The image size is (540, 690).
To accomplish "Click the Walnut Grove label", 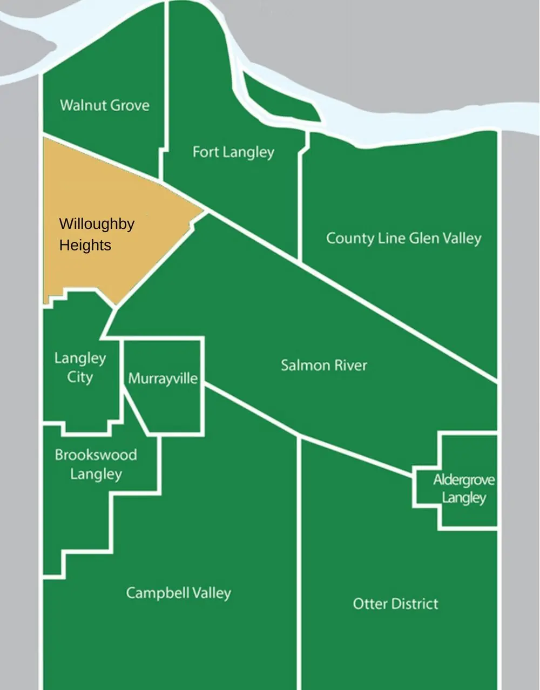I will tap(105, 105).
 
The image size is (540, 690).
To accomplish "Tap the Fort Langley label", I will tap(233, 152).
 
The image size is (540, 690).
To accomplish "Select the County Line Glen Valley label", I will tap(403, 238).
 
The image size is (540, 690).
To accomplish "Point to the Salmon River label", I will tap(323, 366).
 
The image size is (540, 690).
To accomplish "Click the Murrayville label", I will tap(163, 378).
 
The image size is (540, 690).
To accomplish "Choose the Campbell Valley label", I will tap(178, 593).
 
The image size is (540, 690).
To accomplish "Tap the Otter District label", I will tap(395, 604).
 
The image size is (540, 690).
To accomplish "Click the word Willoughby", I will tap(97, 224).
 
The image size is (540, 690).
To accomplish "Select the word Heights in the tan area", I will tap(85, 245).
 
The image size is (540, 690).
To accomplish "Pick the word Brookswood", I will tap(96, 455).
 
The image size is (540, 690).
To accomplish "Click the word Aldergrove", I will tap(464, 479).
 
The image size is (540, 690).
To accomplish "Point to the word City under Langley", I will tap(80, 377).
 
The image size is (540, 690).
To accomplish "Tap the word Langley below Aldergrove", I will tap(464, 497).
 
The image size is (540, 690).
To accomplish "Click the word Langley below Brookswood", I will tap(96, 475).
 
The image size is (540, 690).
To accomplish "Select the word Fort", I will tap(205, 152).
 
